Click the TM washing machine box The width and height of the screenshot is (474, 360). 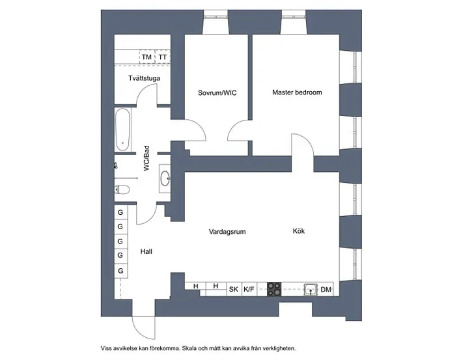click(x=147, y=57)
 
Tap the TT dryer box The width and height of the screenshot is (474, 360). click(x=163, y=57)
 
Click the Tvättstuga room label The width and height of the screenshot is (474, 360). click(x=144, y=78)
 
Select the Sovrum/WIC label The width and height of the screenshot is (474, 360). click(x=217, y=93)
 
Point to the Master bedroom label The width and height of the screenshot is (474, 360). click(x=297, y=92)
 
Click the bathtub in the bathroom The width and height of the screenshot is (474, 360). click(x=122, y=130)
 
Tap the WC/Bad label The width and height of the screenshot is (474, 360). click(x=146, y=158)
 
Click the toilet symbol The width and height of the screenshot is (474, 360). click(x=122, y=190)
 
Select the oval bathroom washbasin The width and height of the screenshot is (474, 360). click(x=165, y=178)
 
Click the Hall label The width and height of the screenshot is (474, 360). click(x=146, y=251)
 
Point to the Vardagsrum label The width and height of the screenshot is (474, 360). click(x=227, y=232)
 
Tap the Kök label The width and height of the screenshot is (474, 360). click(x=299, y=231)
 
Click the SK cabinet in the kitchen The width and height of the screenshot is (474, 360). click(x=234, y=289)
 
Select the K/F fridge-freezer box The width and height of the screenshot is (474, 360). click(x=249, y=289)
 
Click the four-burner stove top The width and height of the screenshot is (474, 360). click(x=274, y=289)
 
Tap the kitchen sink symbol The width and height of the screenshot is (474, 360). click(x=311, y=289)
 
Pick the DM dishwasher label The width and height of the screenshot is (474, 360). click(x=326, y=290)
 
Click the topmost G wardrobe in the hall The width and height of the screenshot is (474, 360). click(x=120, y=212)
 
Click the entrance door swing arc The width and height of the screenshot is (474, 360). click(x=144, y=328)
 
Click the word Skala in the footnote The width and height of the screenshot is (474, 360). click(x=189, y=348)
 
